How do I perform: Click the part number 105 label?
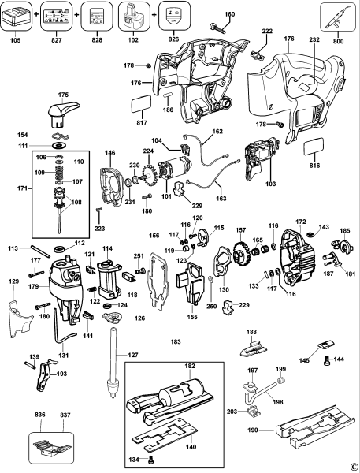click(x=14, y=37)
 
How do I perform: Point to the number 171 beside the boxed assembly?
click(x=22, y=188)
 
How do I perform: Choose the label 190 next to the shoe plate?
click(x=252, y=431)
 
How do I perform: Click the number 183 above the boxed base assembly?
click(x=173, y=341)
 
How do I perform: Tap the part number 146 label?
click(x=110, y=153)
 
